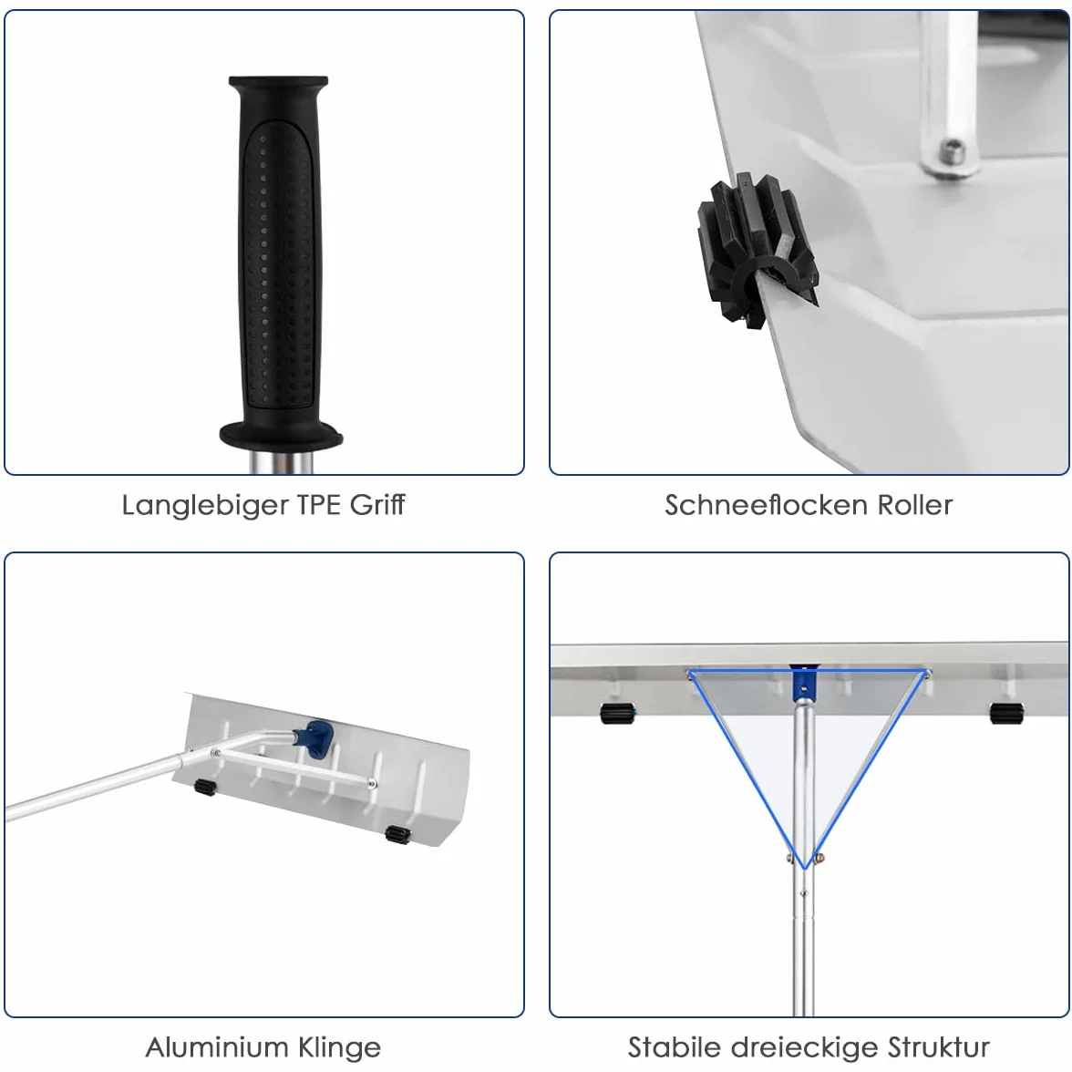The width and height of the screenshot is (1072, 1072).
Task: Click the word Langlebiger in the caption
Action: tap(206, 506)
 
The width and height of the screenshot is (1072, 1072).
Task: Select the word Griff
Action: tap(378, 505)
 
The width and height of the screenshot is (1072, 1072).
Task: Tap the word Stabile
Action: tap(675, 1046)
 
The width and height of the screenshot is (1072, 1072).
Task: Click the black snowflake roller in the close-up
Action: tap(757, 251)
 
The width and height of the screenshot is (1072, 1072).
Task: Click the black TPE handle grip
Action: tap(280, 260)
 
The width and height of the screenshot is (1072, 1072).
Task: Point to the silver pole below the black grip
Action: tap(281, 459)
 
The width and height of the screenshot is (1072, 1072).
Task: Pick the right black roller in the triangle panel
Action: tap(1006, 713)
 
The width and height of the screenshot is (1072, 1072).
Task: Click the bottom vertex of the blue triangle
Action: tap(806, 868)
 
